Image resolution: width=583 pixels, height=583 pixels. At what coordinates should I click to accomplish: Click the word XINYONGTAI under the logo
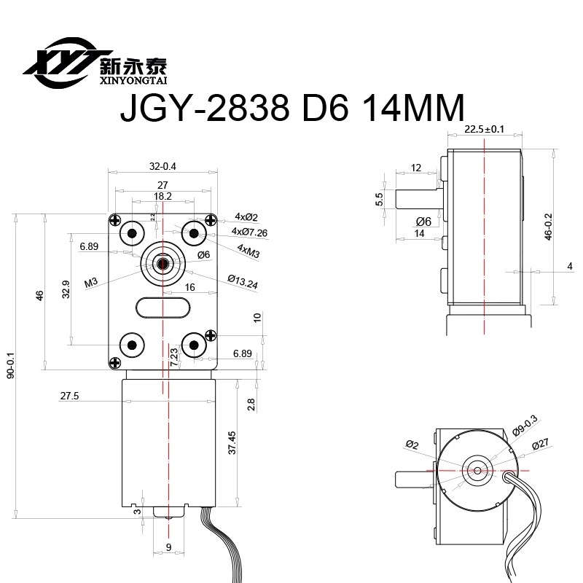(x=132, y=80)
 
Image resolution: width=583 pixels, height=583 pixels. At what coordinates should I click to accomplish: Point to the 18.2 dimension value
(x=163, y=196)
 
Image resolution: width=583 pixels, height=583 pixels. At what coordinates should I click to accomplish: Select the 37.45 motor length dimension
(x=232, y=442)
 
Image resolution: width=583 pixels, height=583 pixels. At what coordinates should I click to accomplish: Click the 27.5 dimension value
(x=70, y=396)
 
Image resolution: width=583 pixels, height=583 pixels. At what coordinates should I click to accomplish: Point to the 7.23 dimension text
(x=173, y=356)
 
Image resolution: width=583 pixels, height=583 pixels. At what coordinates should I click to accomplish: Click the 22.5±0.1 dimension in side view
(x=485, y=130)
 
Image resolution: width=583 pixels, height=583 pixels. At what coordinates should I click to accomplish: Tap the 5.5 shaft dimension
(x=380, y=199)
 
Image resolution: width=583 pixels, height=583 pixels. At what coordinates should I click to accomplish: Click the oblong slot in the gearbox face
(x=163, y=308)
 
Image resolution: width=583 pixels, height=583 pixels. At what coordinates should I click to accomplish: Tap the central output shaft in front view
(x=163, y=260)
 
